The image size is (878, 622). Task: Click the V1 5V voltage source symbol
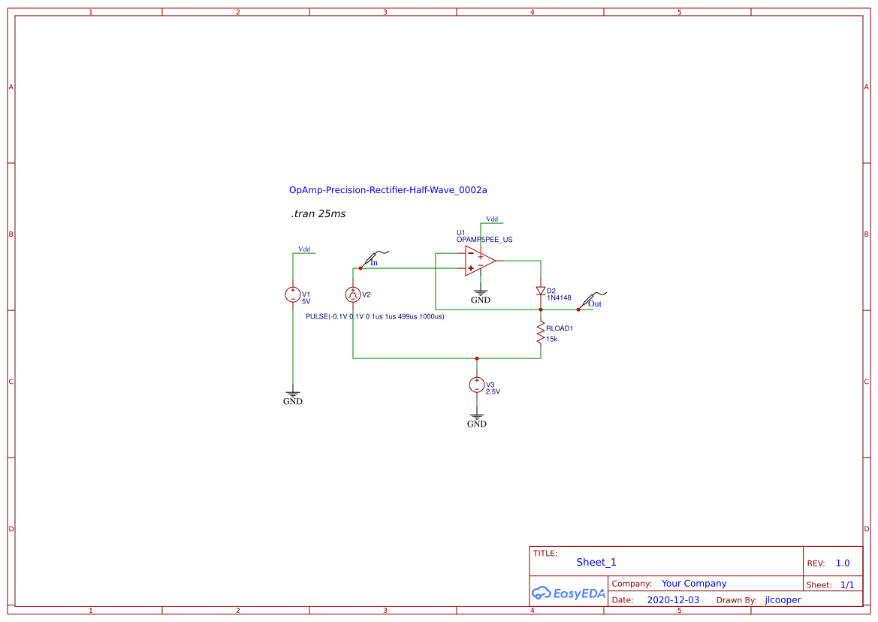[293, 295]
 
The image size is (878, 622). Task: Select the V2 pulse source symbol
[353, 294]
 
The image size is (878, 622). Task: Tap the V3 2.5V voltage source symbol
[476, 385]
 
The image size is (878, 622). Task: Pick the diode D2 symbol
[540, 291]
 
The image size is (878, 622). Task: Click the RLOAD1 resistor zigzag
[540, 333]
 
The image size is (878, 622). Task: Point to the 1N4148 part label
[559, 298]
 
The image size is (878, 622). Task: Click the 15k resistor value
[552, 339]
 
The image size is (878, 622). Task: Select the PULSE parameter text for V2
[375, 316]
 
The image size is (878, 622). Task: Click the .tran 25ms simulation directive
[318, 214]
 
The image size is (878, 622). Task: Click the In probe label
[374, 263]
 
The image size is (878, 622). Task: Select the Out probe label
[595, 303]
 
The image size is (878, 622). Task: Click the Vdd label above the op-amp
[492, 219]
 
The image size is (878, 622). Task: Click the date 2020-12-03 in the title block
[673, 600]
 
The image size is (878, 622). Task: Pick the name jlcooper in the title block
[783, 600]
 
